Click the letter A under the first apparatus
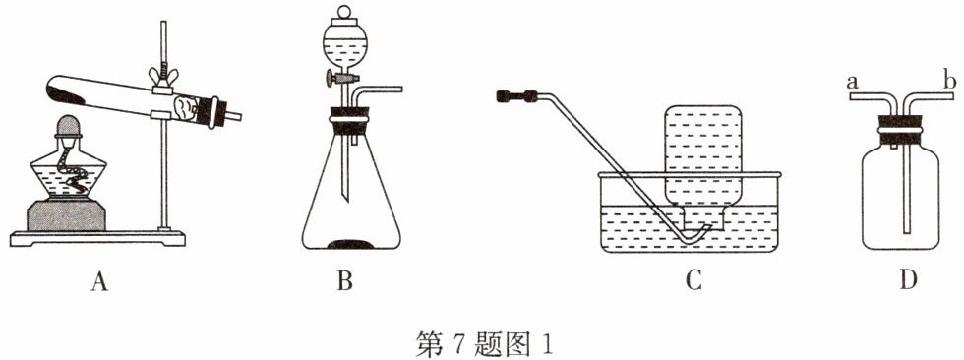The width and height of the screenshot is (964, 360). click(x=99, y=282)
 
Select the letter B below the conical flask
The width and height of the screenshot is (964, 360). click(x=345, y=282)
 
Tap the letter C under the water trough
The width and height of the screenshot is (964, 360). click(x=693, y=282)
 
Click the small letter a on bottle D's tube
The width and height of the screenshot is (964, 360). click(x=852, y=82)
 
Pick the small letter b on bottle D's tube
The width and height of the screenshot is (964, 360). click(x=946, y=80)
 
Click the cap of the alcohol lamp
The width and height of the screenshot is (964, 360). click(x=69, y=125)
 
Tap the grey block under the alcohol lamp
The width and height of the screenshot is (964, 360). click(x=66, y=215)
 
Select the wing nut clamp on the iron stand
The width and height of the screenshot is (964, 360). click(x=163, y=77)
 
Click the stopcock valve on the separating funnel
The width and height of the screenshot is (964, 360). click(x=340, y=78)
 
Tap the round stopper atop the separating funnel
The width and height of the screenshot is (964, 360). click(x=345, y=12)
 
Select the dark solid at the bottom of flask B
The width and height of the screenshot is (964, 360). click(x=351, y=244)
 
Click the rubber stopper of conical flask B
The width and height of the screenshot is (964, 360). click(x=350, y=121)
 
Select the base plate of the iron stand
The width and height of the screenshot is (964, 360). click(x=97, y=238)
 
